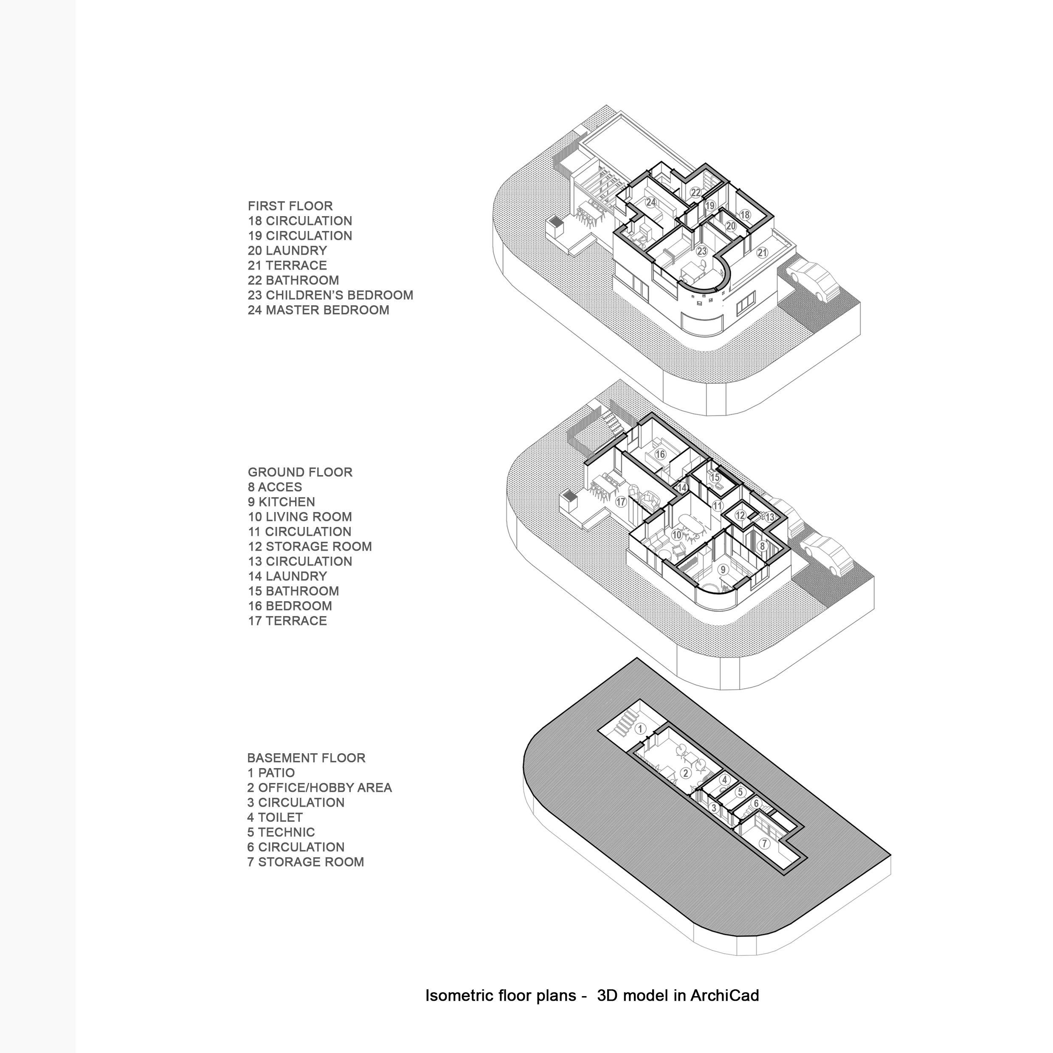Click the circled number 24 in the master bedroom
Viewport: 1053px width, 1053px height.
(651, 202)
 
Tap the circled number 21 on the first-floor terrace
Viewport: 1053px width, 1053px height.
(763, 252)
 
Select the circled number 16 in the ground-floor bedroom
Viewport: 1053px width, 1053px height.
(661, 454)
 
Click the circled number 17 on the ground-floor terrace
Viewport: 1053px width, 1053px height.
(620, 501)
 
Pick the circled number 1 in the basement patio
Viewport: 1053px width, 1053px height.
(642, 728)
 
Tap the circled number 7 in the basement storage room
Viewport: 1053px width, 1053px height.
(764, 844)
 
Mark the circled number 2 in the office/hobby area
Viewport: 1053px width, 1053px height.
(686, 773)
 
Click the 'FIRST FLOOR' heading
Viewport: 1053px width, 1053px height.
(290, 206)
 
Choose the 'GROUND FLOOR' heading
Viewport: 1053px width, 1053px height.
(300, 472)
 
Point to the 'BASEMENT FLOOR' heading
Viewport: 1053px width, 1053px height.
(306, 757)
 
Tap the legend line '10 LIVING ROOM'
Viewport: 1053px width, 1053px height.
(300, 517)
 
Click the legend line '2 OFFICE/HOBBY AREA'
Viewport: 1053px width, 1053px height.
(319, 788)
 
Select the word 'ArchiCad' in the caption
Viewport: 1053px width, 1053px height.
(724, 995)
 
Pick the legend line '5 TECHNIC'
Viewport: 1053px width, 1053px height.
(281, 832)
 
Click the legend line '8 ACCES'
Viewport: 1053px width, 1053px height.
(275, 487)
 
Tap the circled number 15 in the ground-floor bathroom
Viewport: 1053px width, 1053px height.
(715, 477)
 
